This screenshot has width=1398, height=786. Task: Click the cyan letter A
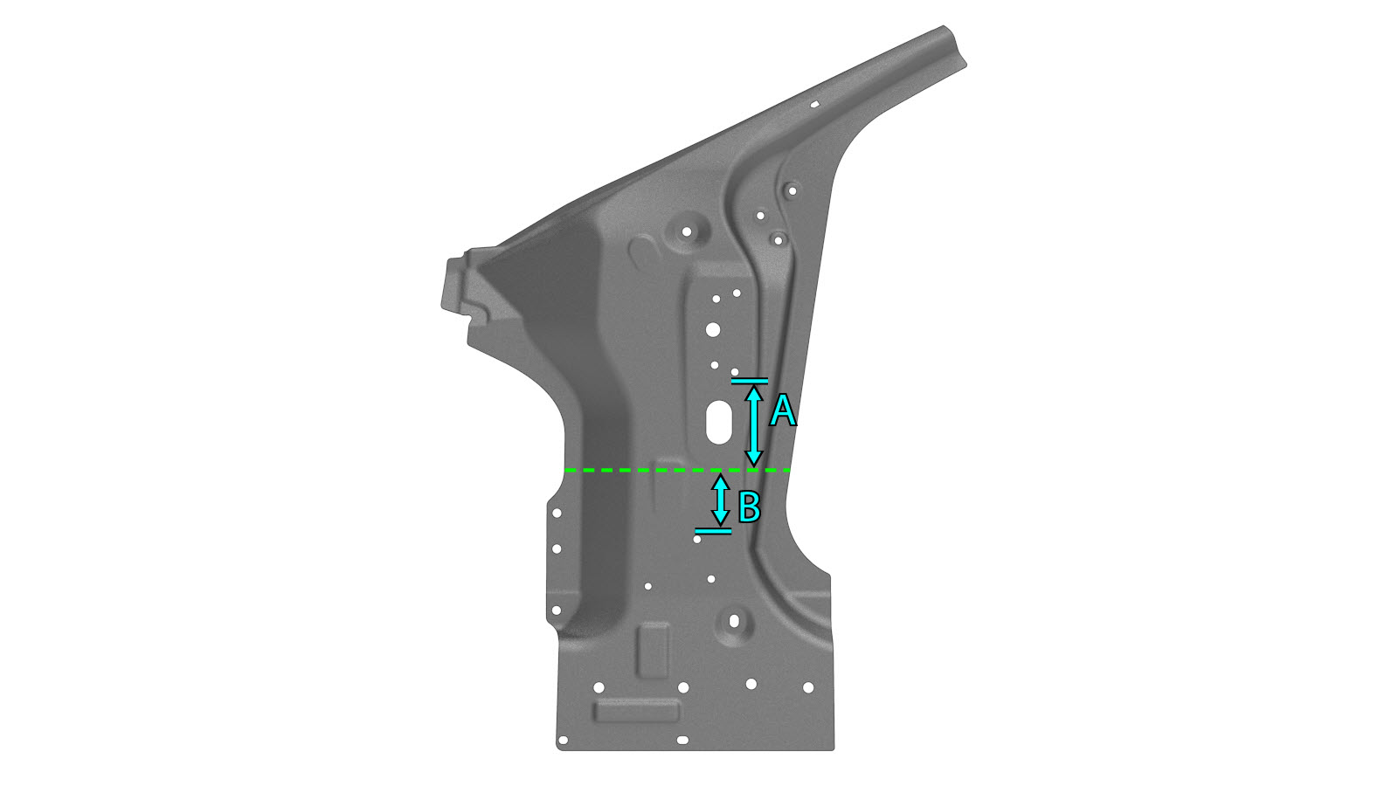tap(783, 411)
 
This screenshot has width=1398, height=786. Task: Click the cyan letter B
tap(749, 507)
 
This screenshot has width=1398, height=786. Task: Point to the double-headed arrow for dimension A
tap(754, 426)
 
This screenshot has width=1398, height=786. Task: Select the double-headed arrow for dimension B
tap(721, 500)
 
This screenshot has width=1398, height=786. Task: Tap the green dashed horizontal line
tap(677, 470)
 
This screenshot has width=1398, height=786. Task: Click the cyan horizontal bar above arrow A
tap(750, 381)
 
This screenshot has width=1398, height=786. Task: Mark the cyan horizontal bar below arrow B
tap(713, 532)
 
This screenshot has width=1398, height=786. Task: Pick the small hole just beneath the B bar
tap(697, 540)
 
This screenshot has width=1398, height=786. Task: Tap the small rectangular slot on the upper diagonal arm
tap(814, 104)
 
